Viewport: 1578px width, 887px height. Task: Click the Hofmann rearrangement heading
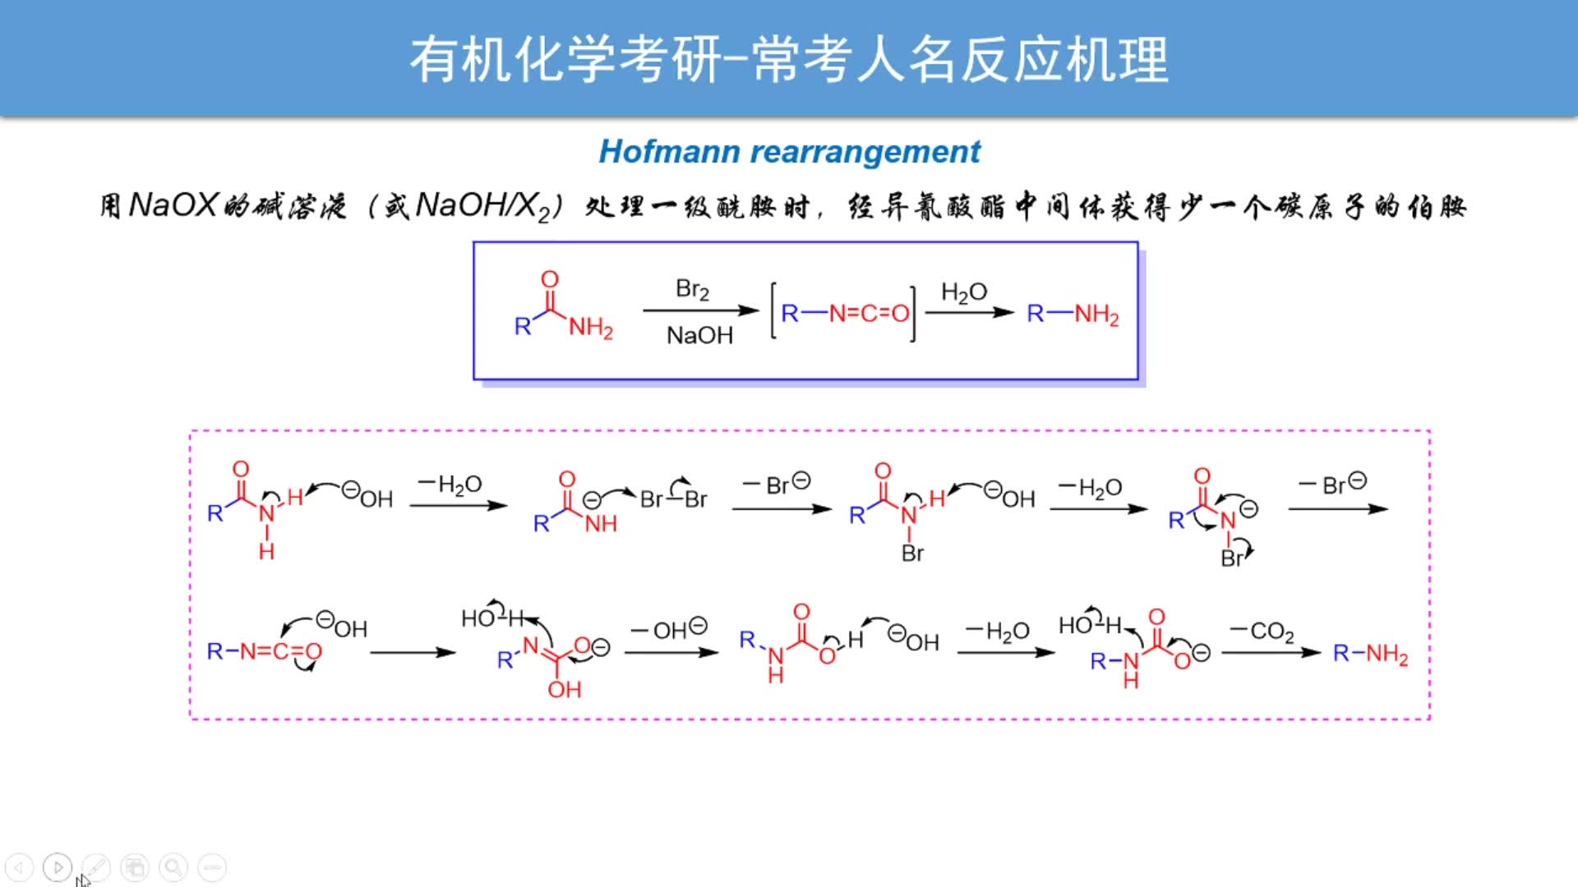[789, 152]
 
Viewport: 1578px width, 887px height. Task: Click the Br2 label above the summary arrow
[692, 289]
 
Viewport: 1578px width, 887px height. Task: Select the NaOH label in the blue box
[699, 335]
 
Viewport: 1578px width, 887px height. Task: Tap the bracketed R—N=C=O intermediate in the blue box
[844, 313]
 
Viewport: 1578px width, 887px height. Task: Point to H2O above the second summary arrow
[963, 292]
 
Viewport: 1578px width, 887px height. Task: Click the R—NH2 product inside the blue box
[1073, 314]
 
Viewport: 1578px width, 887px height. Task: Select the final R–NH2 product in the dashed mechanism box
[1370, 654]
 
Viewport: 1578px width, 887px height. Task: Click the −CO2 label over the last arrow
[1262, 631]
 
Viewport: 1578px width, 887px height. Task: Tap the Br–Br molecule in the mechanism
[673, 499]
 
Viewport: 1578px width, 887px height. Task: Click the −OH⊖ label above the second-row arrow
[668, 629]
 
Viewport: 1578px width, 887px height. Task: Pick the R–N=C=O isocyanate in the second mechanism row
[264, 652]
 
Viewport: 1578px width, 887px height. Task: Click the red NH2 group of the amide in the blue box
[590, 328]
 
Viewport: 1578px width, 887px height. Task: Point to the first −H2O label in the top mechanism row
[450, 485]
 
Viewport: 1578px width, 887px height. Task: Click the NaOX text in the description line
[173, 205]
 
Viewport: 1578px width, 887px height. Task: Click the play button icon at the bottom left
[58, 867]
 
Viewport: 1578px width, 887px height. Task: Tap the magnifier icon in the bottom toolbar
[173, 867]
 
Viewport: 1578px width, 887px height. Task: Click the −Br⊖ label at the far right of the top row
[1332, 484]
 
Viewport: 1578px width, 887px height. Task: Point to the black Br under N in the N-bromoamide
[912, 553]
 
